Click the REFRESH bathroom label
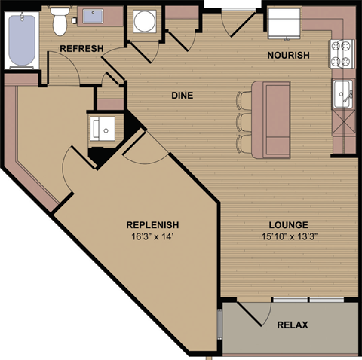(x=75, y=49)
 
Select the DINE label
(x=181, y=96)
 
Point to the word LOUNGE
(x=287, y=224)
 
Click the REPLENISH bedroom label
(x=152, y=224)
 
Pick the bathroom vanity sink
(x=94, y=16)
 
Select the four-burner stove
(x=342, y=53)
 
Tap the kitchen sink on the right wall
(x=343, y=94)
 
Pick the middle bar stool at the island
(x=244, y=121)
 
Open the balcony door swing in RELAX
(x=253, y=316)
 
